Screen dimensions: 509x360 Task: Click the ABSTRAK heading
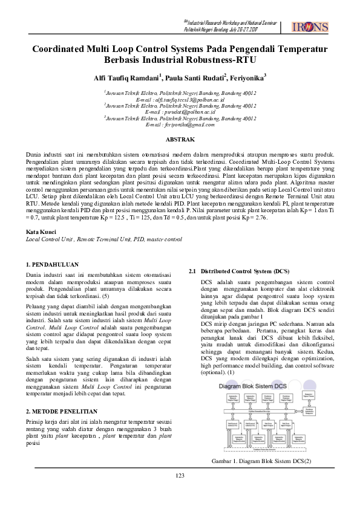click(180, 140)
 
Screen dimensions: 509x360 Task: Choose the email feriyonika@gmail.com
click(180, 125)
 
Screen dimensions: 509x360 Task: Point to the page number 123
click(180, 493)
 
